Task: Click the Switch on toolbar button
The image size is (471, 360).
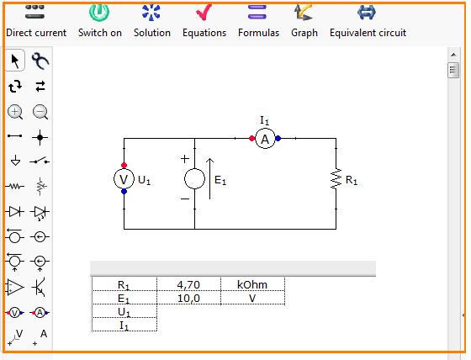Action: [100, 21]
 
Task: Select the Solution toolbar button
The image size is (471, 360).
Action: [152, 21]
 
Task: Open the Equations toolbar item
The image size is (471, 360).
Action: [204, 21]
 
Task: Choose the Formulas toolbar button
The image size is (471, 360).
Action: [258, 21]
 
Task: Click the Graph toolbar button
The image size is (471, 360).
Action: [304, 21]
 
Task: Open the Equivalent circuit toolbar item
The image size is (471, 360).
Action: [368, 21]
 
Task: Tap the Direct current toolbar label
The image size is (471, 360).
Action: [36, 33]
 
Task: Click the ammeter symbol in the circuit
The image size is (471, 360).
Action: [265, 139]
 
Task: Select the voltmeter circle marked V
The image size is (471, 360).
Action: [124, 179]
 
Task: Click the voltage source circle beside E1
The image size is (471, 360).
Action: [194, 179]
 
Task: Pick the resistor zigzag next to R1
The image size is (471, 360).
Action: [336, 179]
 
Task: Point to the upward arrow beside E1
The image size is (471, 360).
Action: [209, 179]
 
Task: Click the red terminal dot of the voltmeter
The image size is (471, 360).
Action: [124, 165]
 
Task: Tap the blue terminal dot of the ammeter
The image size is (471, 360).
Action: [278, 139]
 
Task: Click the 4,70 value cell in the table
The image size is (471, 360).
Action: [188, 284]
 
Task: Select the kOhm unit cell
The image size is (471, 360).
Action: [252, 284]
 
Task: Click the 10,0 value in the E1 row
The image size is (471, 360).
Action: [188, 299]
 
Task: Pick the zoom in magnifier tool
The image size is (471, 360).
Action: [15, 112]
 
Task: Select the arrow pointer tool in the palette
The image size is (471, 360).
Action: [15, 61]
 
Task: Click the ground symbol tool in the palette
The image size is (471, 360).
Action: [15, 161]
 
